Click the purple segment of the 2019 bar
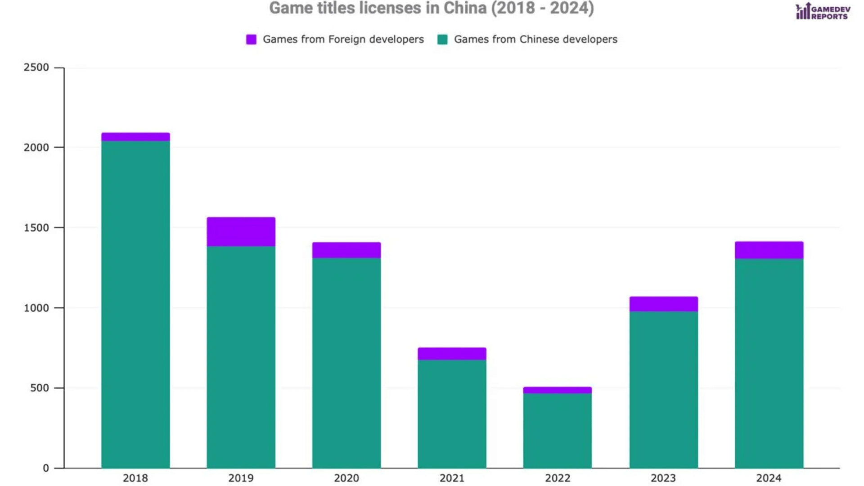coord(241,232)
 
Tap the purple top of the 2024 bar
coord(769,250)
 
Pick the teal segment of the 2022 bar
coord(557,431)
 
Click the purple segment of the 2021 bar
coord(452,354)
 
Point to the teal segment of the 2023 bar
coord(663,390)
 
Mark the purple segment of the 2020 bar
coord(346,250)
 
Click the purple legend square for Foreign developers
coord(251,40)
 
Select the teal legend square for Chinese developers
coord(442,40)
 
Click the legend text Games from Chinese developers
coord(535,40)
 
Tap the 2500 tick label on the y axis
coord(36,67)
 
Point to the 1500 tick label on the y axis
coord(36,228)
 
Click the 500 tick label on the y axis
coord(39,388)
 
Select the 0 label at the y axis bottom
coord(46,468)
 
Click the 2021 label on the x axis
coord(452,478)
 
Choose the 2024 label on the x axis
coord(769,478)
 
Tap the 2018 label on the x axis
coord(135,478)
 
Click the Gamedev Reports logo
coord(823,12)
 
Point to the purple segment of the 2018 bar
coord(135,137)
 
